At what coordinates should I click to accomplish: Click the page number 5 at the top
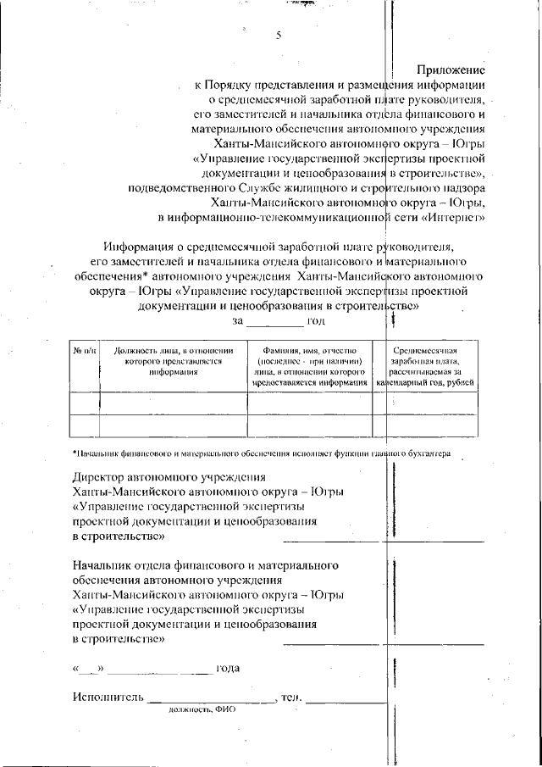[x=279, y=36]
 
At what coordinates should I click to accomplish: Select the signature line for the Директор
[x=383, y=540]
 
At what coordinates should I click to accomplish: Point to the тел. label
[x=291, y=698]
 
